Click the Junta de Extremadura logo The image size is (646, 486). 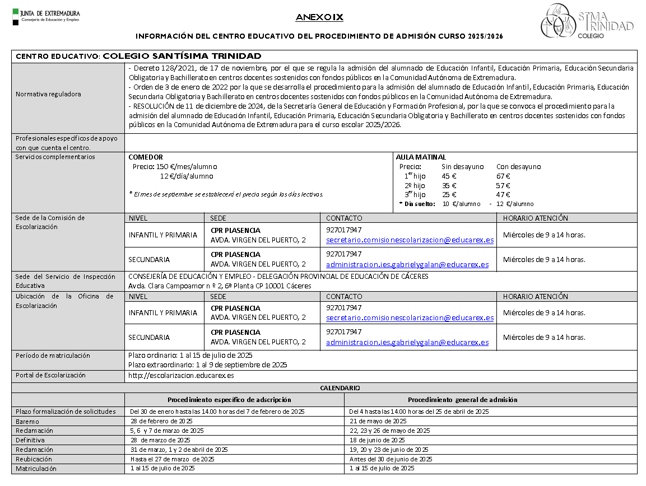coord(46,17)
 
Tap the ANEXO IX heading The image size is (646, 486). coord(319,18)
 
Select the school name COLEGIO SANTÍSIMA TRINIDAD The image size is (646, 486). coord(182,56)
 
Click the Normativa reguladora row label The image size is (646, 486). coord(48,94)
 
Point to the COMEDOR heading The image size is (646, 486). coord(146,157)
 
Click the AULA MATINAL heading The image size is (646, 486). coord(421,157)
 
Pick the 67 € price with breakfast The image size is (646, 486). coord(503,176)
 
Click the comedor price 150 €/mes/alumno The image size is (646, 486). coord(175,167)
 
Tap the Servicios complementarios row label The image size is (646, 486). coord(55,157)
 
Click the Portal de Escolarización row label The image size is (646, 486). coord(50,375)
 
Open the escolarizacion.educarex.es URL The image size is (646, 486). coord(181,376)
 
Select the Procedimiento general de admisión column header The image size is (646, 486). coord(462,400)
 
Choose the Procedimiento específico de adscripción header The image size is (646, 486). coord(229,400)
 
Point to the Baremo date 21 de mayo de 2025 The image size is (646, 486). coord(378,421)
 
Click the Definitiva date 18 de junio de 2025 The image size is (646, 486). coord(377,440)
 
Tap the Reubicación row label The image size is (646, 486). coord(34,459)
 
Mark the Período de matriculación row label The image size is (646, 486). coord(53,356)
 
